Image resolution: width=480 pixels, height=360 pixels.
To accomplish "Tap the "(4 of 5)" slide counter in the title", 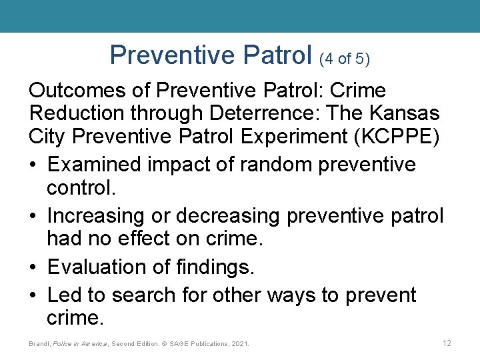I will tap(345, 59).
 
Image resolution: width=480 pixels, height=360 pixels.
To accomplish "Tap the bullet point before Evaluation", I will tap(34, 267).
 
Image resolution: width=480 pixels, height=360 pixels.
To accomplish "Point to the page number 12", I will tap(447, 343).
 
